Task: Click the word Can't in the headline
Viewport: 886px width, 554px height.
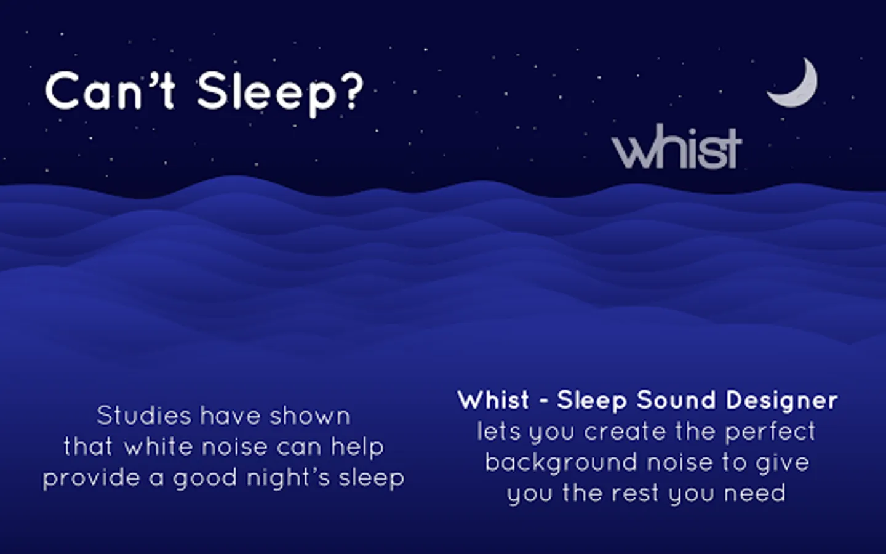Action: [x=110, y=90]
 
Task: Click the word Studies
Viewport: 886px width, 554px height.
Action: [x=144, y=415]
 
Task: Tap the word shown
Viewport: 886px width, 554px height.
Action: [x=310, y=415]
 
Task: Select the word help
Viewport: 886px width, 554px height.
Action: [x=357, y=448]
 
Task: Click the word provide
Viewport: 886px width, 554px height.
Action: [x=91, y=479]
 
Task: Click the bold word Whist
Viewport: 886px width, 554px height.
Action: [x=493, y=400]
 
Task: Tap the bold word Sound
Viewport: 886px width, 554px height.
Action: [x=676, y=400]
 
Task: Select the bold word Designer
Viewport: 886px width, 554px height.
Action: [x=781, y=401]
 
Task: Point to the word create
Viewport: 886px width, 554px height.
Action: [x=625, y=431]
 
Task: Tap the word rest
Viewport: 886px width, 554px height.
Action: [x=636, y=494]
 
